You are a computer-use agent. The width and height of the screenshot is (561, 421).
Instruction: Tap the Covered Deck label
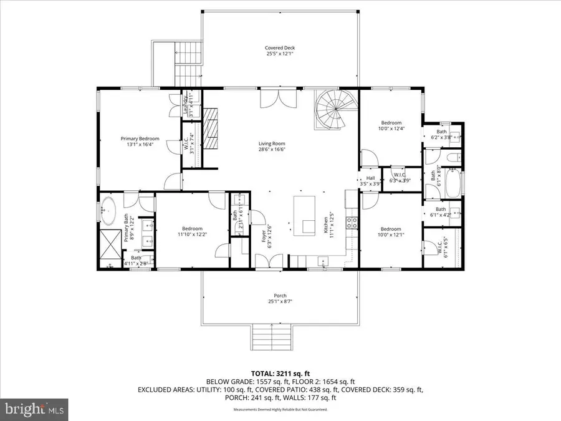(279, 49)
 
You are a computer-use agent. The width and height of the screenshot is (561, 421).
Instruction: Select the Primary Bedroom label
(140, 141)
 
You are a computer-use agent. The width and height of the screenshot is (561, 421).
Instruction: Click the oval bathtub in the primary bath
(110, 210)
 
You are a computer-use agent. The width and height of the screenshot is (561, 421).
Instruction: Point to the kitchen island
(305, 215)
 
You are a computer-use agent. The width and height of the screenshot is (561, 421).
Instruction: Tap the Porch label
(279, 298)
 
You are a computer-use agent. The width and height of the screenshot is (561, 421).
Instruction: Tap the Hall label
(370, 178)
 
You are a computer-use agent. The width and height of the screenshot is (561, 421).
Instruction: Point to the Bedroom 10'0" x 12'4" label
(391, 125)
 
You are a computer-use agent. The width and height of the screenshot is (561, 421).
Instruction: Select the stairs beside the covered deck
(188, 62)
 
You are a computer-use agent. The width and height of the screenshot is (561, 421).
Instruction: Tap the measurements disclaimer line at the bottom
(280, 410)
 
